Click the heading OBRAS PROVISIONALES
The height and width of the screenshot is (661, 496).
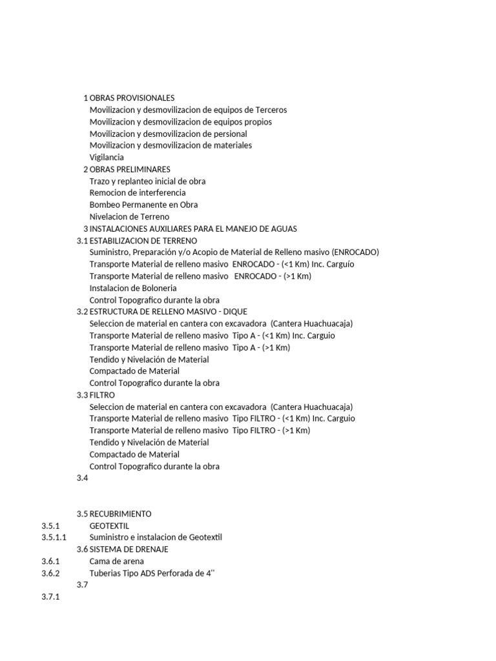pos(132,98)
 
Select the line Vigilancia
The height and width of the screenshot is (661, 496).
pos(107,157)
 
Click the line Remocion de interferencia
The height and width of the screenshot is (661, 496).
pos(138,192)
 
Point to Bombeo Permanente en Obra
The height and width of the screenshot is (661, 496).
pos(143,205)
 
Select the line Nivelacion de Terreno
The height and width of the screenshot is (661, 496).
pos(129,216)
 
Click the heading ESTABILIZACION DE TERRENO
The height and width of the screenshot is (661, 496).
pos(143,240)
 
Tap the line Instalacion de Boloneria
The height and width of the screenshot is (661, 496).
pos(133,288)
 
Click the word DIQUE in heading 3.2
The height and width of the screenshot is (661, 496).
pos(235,312)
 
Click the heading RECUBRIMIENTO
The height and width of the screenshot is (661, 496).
pos(120,514)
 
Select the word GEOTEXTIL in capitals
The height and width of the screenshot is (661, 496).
pos(109,525)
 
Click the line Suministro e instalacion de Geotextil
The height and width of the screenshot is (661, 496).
pos(156,537)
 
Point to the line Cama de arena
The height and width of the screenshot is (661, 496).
pos(117,561)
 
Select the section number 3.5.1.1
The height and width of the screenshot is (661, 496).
pos(54,537)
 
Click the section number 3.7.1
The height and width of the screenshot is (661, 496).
pos(50,597)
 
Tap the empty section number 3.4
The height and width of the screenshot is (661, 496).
pos(81,478)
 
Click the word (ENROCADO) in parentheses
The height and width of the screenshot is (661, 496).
pos(355,252)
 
